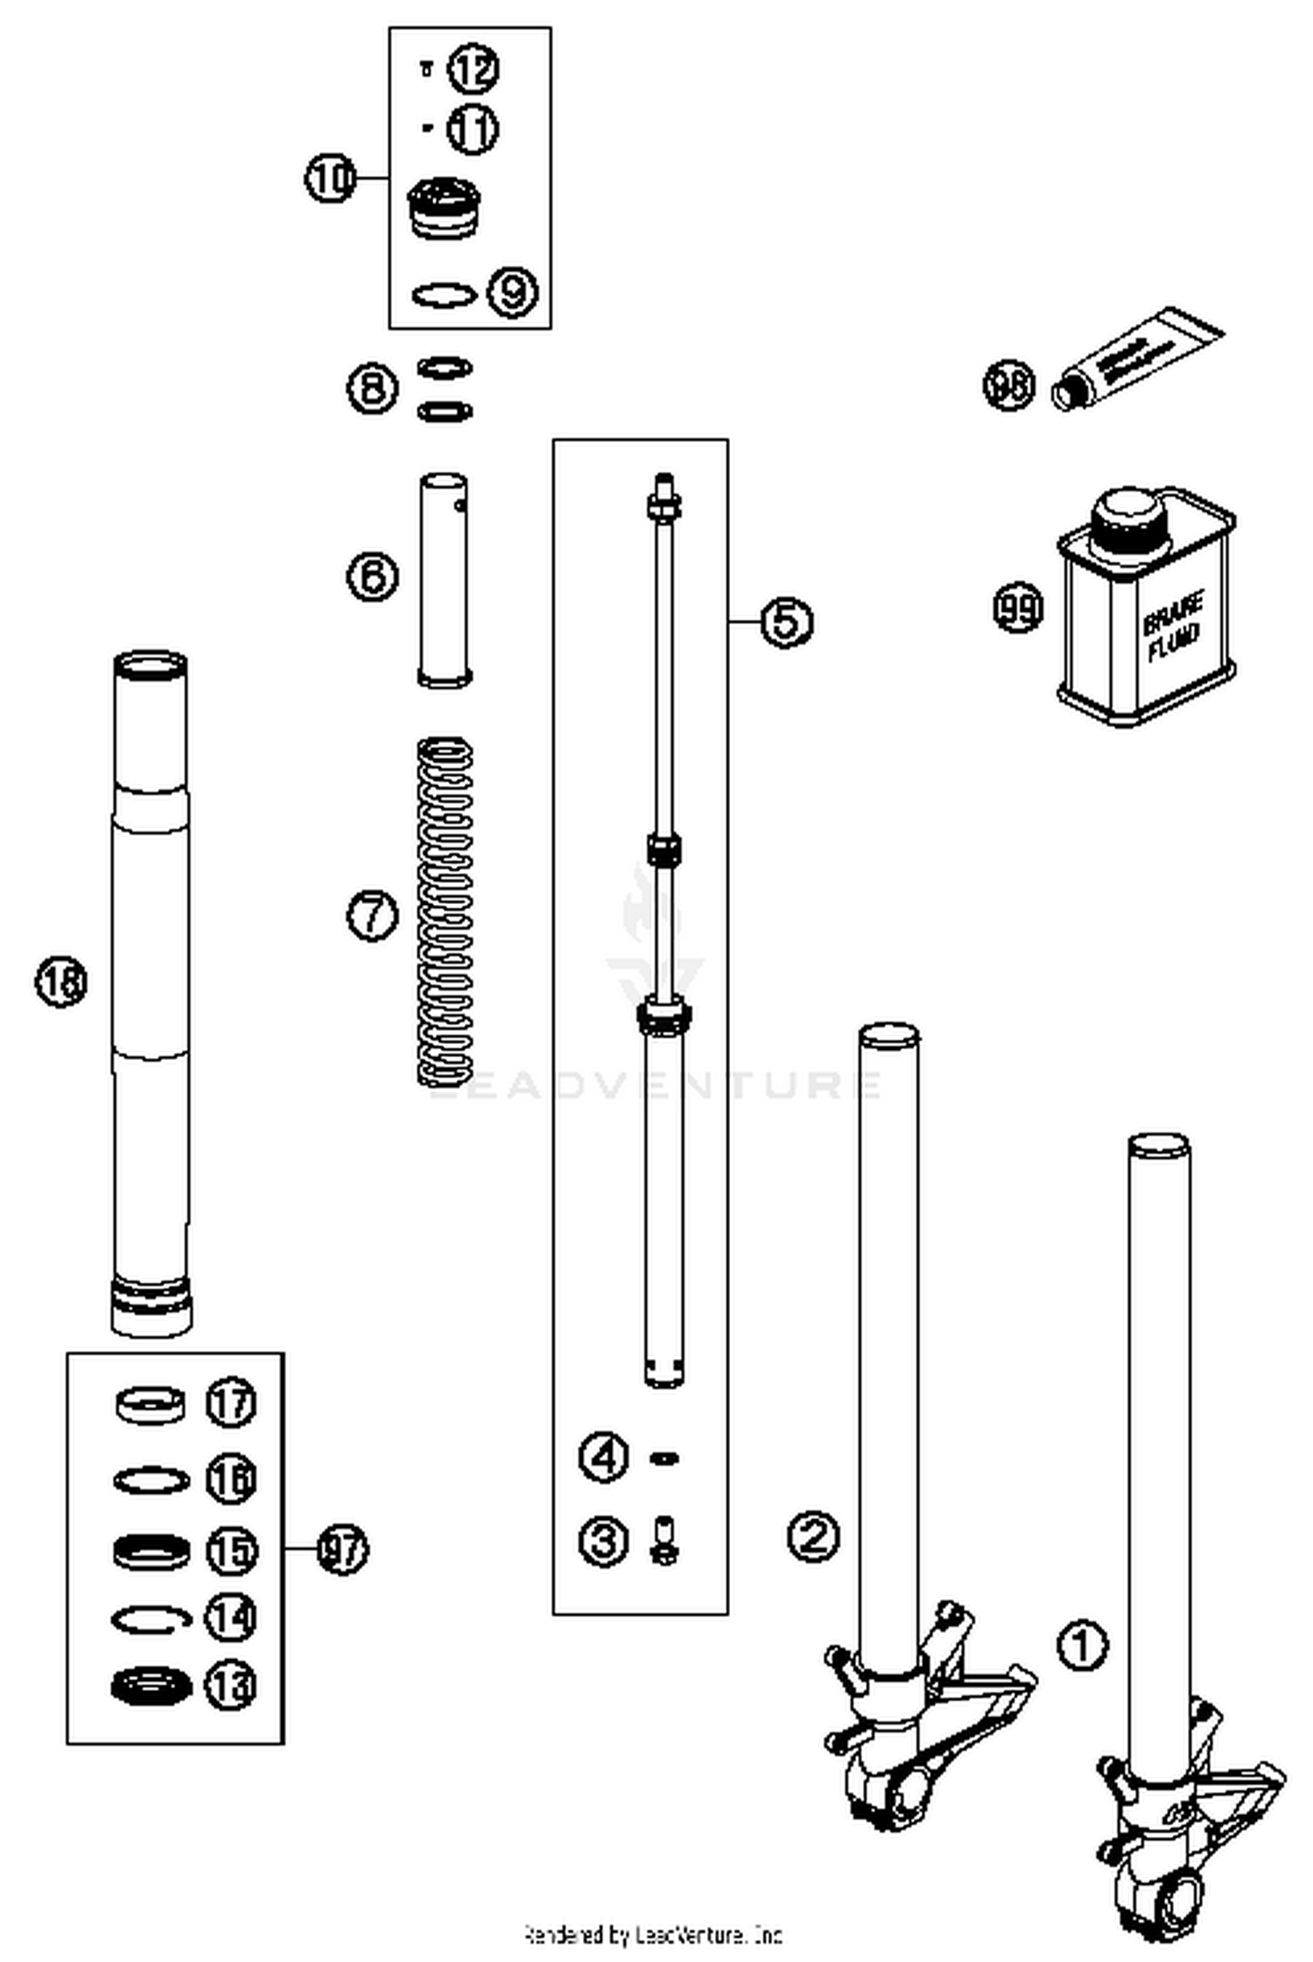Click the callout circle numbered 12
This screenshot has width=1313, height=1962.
pyautogui.click(x=474, y=69)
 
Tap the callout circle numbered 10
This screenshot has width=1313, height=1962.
pyautogui.click(x=330, y=179)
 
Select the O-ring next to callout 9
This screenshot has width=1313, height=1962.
pyautogui.click(x=445, y=295)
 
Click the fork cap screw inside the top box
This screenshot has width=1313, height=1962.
pyautogui.click(x=445, y=207)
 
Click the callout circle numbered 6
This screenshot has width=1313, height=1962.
pyautogui.click(x=373, y=577)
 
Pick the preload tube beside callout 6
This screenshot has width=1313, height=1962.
pyautogui.click(x=445, y=579)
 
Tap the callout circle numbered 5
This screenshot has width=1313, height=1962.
pyautogui.click(x=787, y=621)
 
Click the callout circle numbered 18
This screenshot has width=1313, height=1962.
pyautogui.click(x=61, y=981)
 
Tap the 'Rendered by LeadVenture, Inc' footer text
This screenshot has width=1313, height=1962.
pyautogui.click(x=653, y=1934)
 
